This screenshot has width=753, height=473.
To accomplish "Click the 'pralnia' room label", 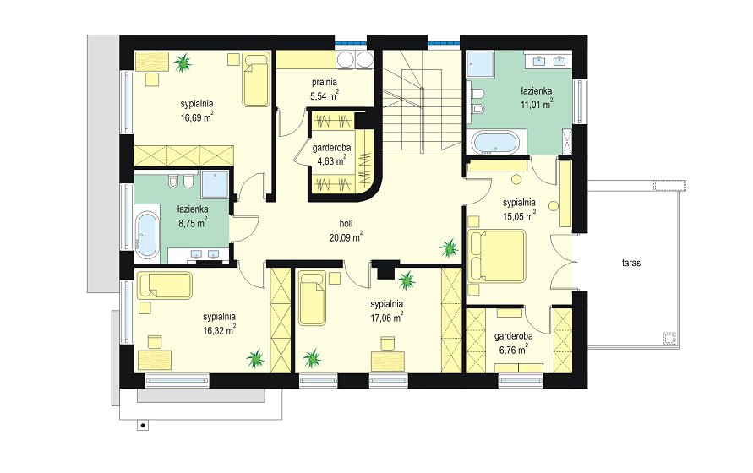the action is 325,82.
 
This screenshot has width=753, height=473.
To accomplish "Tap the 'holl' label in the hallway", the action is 346,223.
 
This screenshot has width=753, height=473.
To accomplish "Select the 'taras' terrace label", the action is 631,263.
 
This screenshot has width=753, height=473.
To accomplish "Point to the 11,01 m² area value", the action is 537,104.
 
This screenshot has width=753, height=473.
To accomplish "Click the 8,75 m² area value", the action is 193,222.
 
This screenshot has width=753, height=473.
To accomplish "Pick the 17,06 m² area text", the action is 386,317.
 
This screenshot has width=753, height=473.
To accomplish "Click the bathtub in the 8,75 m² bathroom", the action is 147,233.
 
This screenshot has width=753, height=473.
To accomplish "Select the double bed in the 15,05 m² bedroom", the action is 497,255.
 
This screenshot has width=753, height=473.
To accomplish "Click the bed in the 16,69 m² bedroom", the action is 256,79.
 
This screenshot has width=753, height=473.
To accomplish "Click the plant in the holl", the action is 450,248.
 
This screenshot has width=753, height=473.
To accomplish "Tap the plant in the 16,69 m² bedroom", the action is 183,63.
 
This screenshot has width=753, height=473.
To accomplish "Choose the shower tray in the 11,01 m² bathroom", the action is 480,64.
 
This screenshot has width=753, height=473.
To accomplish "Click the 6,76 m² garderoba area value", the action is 513,349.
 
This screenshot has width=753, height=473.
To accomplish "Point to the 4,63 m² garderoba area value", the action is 331,160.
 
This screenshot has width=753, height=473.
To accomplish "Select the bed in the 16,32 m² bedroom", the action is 165,285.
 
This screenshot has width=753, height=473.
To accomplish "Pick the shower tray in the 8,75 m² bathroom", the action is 215,184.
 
